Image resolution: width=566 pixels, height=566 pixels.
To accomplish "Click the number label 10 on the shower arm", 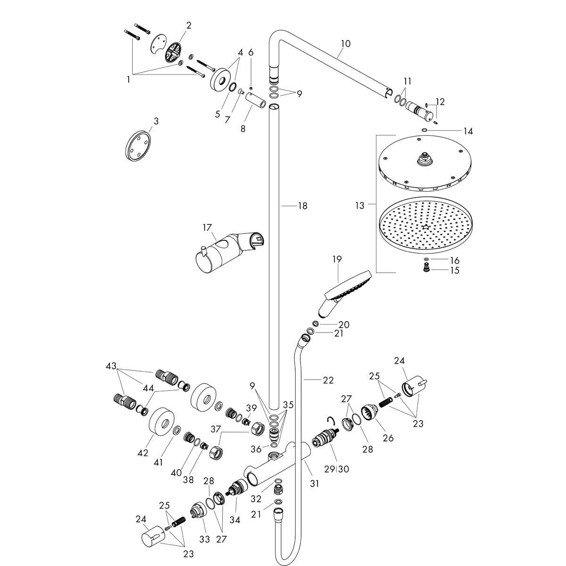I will click(345, 44).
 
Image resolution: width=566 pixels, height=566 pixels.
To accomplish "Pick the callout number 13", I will click(360, 205).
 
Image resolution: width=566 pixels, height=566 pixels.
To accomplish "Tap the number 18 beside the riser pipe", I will click(302, 206).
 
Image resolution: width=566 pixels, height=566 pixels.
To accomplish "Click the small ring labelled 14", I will click(425, 130).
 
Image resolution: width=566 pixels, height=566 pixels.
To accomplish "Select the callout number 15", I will click(454, 270).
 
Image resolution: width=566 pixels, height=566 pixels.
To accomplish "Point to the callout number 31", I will click(314, 483).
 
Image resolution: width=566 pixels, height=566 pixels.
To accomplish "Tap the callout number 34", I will click(234, 520).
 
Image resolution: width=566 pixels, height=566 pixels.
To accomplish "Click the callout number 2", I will click(189, 25).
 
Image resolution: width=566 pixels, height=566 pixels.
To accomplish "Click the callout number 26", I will click(388, 438).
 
